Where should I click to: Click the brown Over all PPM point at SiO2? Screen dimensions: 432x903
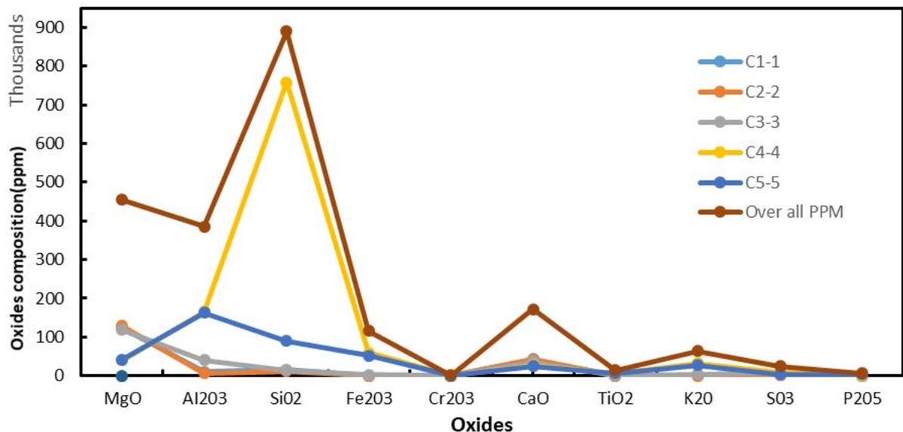coord(286,32)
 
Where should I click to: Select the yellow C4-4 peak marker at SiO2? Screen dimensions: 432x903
coord(286,83)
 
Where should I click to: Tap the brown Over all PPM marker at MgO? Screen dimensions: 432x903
coord(122,199)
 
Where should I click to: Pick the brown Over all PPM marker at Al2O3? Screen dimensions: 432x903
coord(204,227)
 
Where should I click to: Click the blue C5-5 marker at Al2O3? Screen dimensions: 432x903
coord(204,312)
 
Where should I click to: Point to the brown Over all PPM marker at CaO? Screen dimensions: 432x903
coord(533,310)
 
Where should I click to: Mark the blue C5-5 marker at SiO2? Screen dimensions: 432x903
coord(286,341)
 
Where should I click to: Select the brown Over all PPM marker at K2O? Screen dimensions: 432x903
coord(697,351)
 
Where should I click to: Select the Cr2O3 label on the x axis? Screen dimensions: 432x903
coord(451,398)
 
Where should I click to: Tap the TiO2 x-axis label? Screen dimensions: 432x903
coord(616,398)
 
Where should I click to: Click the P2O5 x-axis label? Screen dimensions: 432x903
coord(862,398)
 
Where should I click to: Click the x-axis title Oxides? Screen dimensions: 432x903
coord(482,424)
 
